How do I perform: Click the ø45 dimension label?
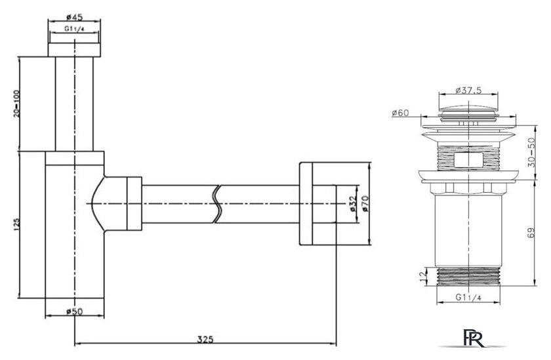click(74, 17)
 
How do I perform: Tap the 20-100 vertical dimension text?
click(16, 104)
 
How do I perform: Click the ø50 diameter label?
click(73, 311)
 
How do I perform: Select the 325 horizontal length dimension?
click(205, 339)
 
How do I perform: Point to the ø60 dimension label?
click(400, 113)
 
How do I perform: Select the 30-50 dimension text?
click(539, 155)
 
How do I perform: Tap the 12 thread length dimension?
click(421, 277)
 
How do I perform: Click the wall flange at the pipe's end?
click(309, 203)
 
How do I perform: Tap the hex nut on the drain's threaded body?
click(467, 159)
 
